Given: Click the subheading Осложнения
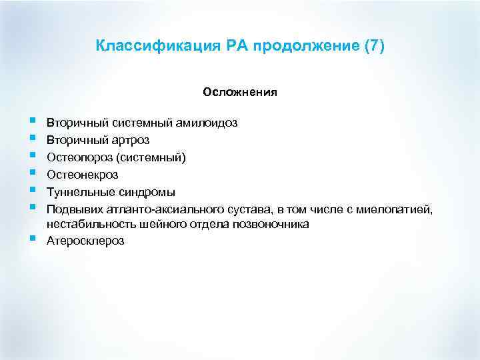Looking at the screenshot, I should [240, 93].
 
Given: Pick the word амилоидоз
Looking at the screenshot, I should [209, 123].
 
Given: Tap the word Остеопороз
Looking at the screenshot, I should [77, 158].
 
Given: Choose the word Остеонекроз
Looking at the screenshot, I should [82, 175].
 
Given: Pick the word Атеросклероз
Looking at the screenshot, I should [85, 241].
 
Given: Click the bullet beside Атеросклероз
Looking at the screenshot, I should [33, 238].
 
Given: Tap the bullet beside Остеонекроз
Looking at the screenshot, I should [33, 172].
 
